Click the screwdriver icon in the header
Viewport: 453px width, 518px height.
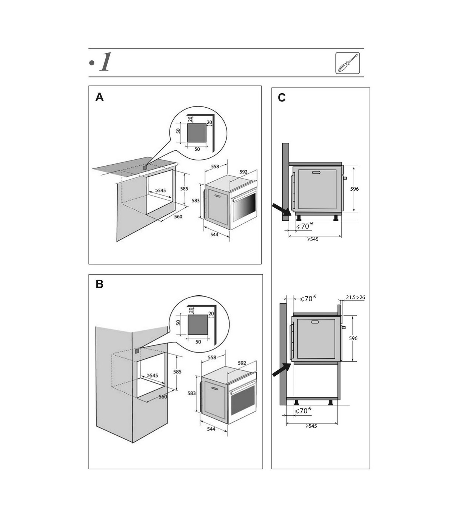pos(347,63)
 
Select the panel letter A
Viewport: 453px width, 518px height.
pos(99,97)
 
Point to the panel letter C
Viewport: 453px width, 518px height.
pos(282,97)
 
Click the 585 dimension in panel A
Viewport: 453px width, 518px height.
pos(184,189)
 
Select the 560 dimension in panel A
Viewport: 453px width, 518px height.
pos(178,216)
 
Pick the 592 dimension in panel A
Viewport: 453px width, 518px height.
pos(243,172)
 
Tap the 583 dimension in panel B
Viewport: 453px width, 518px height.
pos(191,393)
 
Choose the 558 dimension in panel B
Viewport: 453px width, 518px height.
pos(212,357)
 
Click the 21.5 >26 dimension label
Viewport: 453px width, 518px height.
pos(356,297)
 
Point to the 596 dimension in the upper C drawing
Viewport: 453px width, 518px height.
pos(354,189)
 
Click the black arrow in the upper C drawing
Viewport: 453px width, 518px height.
pos(281,210)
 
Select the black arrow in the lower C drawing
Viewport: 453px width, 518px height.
pos(282,369)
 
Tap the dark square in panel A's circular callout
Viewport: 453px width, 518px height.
pos(197,133)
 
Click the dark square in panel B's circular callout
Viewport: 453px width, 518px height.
pos(198,325)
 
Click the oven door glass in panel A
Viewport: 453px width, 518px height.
pos(244,207)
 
